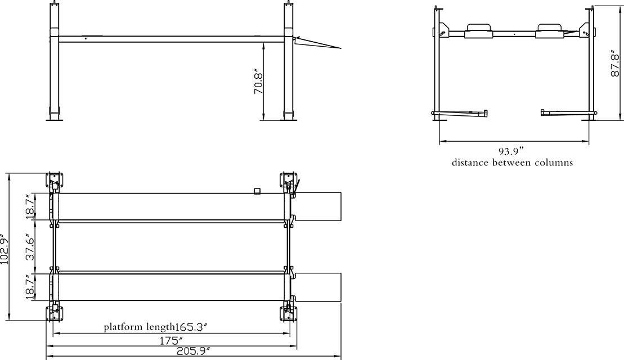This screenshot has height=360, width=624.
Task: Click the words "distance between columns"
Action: click(x=512, y=163)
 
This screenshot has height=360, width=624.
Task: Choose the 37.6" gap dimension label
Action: click(x=30, y=247)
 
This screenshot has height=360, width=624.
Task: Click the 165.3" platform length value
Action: click(x=192, y=327)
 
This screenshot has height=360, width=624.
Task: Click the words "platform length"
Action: click(x=139, y=327)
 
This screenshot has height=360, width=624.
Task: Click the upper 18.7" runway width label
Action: click(x=30, y=206)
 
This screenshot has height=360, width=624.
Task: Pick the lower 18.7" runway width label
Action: click(x=30, y=287)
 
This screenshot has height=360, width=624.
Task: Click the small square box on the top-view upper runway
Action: click(x=258, y=191)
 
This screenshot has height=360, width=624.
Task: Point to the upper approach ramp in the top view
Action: click(x=317, y=207)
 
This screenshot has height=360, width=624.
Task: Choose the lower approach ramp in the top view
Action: click(x=317, y=287)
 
